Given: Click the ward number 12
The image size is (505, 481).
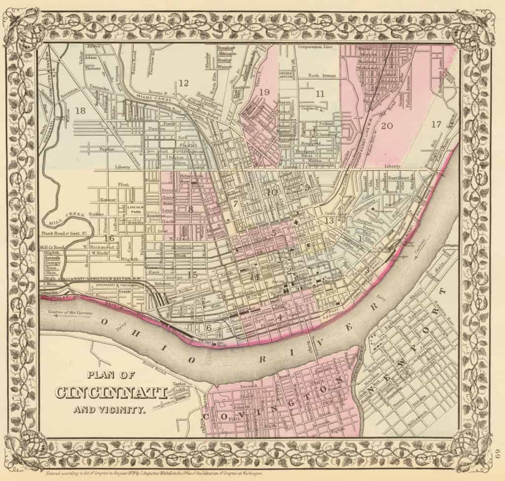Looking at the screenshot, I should coord(183,83).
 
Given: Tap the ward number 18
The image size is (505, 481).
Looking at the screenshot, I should coord(80,112).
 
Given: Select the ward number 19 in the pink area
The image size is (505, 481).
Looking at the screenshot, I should coord(264,92).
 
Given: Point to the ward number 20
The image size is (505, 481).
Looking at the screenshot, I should coord(387,126).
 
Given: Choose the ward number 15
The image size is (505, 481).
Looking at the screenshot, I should coord(192,275).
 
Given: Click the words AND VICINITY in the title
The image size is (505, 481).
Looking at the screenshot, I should coord(109,409).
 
